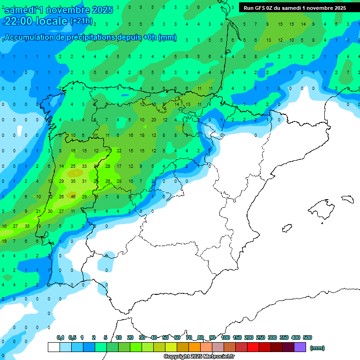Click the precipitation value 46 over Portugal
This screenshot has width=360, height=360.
73,197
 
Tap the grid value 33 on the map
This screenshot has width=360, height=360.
84,166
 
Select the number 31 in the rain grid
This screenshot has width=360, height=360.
84,181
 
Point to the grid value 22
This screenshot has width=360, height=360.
119,150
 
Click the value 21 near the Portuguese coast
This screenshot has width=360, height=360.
38,211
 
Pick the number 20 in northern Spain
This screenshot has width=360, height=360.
153,120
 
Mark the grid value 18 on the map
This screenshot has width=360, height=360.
142,135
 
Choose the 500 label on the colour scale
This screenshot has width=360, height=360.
307,337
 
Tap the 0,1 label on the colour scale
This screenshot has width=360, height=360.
60,337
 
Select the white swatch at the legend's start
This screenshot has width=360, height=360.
53,347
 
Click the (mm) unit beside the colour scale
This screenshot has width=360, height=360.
317,348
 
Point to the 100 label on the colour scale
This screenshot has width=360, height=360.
225,337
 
